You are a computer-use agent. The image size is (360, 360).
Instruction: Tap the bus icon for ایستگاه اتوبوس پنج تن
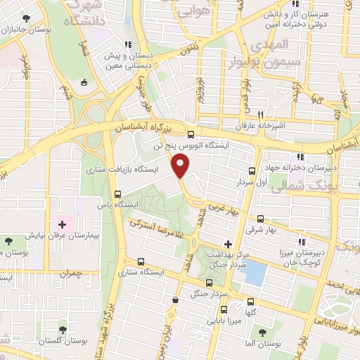click(192, 133)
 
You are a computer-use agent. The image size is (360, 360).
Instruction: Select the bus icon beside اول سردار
click(252, 171)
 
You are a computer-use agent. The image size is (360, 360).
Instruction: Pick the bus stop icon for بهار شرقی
click(262, 219)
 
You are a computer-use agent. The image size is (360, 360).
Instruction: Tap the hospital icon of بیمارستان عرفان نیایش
click(63, 224)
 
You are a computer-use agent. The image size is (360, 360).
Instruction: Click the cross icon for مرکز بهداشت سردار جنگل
click(227, 243)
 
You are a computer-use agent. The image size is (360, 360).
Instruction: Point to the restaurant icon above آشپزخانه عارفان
click(260, 115)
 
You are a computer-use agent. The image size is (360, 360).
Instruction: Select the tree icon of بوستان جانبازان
click(26, 19)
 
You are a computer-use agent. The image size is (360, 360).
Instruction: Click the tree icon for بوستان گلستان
click(63, 328)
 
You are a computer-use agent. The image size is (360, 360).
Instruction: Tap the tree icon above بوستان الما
click(262, 332)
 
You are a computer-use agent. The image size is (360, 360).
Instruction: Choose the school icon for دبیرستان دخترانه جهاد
click(300, 156)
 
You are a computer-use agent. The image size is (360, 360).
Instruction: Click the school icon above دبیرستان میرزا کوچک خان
click(302, 243)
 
